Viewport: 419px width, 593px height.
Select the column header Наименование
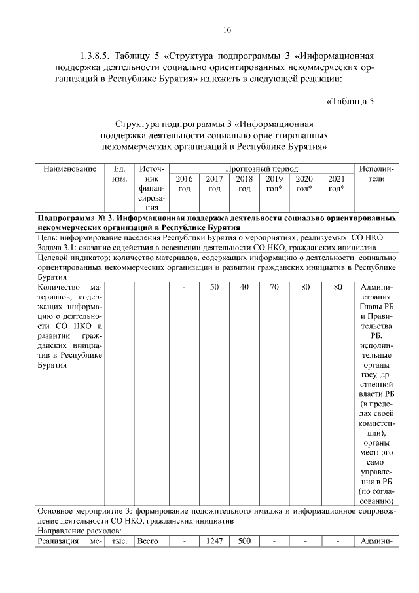pos(69,168)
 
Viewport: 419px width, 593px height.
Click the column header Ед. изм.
pos(119,173)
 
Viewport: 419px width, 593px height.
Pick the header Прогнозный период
pos(262,168)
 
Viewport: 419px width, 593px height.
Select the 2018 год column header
pos(244,183)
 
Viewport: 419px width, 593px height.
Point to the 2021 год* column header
pos(337,183)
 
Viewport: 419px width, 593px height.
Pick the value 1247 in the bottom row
pos(214,541)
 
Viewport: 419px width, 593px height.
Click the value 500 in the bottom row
pos(244,541)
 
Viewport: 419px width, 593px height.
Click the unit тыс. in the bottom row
pos(119,541)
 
